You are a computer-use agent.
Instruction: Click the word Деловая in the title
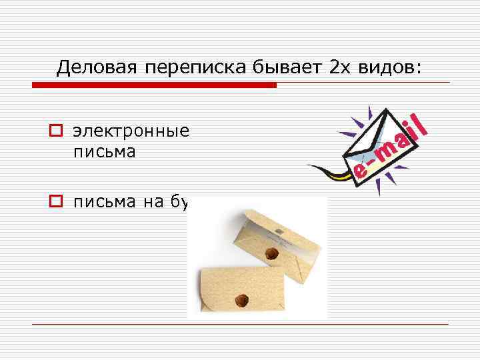point(95,67)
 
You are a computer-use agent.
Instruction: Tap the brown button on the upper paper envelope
point(271,253)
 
